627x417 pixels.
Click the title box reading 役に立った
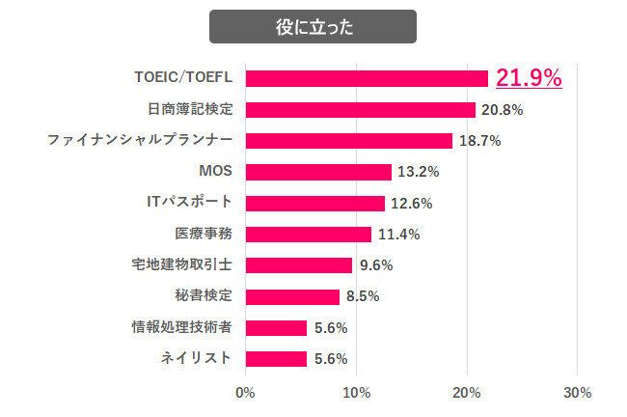point(313,27)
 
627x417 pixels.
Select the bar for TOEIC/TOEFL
point(367,78)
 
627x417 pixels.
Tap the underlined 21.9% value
point(529,78)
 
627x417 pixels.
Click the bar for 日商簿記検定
point(361,109)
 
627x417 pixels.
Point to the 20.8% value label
point(502,110)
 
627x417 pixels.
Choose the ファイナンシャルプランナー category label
point(140,140)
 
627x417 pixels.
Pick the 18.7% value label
point(478,141)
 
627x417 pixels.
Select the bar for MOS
point(318,172)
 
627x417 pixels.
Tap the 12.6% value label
point(411,204)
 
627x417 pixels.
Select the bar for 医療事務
point(309,234)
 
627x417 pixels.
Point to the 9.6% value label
point(374,265)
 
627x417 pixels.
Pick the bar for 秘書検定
point(293,296)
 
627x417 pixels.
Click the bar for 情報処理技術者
point(277,327)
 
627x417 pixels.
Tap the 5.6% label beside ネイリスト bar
point(330,359)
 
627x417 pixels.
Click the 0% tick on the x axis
point(245,393)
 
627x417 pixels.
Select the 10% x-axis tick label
point(357,393)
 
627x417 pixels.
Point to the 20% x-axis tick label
point(467,393)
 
